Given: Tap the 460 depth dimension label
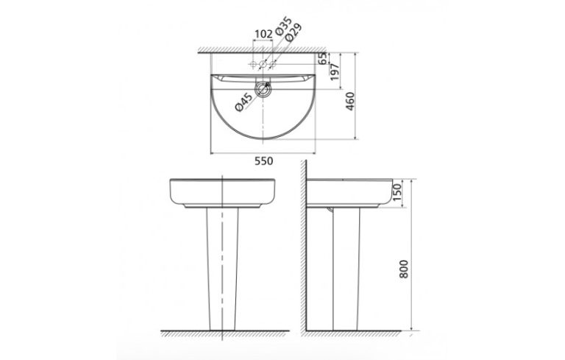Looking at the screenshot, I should (351, 105).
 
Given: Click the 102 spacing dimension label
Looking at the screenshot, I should (263, 34).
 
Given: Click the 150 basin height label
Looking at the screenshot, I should (397, 193).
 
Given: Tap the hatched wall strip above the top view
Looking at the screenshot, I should (263, 49).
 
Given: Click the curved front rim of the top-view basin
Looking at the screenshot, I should (263, 139).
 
